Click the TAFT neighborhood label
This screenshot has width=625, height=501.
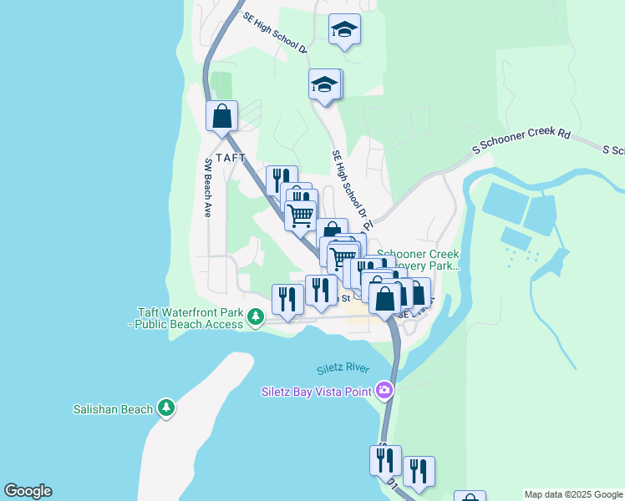[231, 158]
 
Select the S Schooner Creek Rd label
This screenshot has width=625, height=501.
[521, 141]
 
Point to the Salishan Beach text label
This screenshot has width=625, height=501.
[113, 409]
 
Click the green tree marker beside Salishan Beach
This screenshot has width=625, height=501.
[167, 407]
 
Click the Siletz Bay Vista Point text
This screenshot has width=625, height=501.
[317, 390]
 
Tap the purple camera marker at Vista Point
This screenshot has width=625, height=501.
[384, 389]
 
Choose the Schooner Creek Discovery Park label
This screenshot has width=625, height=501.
[418, 260]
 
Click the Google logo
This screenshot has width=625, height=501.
[28, 491]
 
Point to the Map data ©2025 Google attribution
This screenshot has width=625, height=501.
[573, 494]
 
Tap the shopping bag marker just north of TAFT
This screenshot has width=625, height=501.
[221, 115]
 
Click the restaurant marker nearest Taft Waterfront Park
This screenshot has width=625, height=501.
[287, 299]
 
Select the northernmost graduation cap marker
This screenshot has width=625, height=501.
[344, 29]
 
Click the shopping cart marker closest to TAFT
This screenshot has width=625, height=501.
[300, 214]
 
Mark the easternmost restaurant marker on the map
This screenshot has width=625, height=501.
[419, 471]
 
